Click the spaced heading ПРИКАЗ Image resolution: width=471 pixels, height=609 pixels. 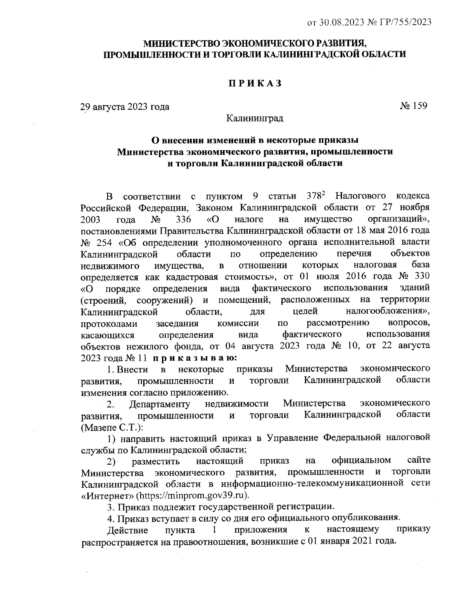[256, 83]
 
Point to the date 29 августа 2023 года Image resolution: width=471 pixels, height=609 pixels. [125, 107]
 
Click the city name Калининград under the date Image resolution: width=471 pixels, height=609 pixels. [255, 118]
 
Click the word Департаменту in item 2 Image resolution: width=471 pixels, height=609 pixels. [160, 404]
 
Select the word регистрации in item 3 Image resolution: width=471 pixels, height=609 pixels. [307, 506]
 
